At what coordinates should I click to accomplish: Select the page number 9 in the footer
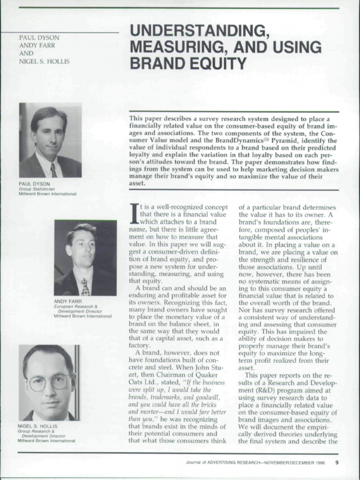coord(337,462)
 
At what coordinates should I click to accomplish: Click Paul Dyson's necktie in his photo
coord(54,170)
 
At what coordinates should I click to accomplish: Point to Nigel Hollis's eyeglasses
coord(49,382)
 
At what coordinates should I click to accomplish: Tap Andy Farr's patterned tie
coord(85,286)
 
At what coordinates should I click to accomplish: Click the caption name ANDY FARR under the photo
coord(68,301)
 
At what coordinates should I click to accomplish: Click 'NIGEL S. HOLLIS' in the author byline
coord(44,61)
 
